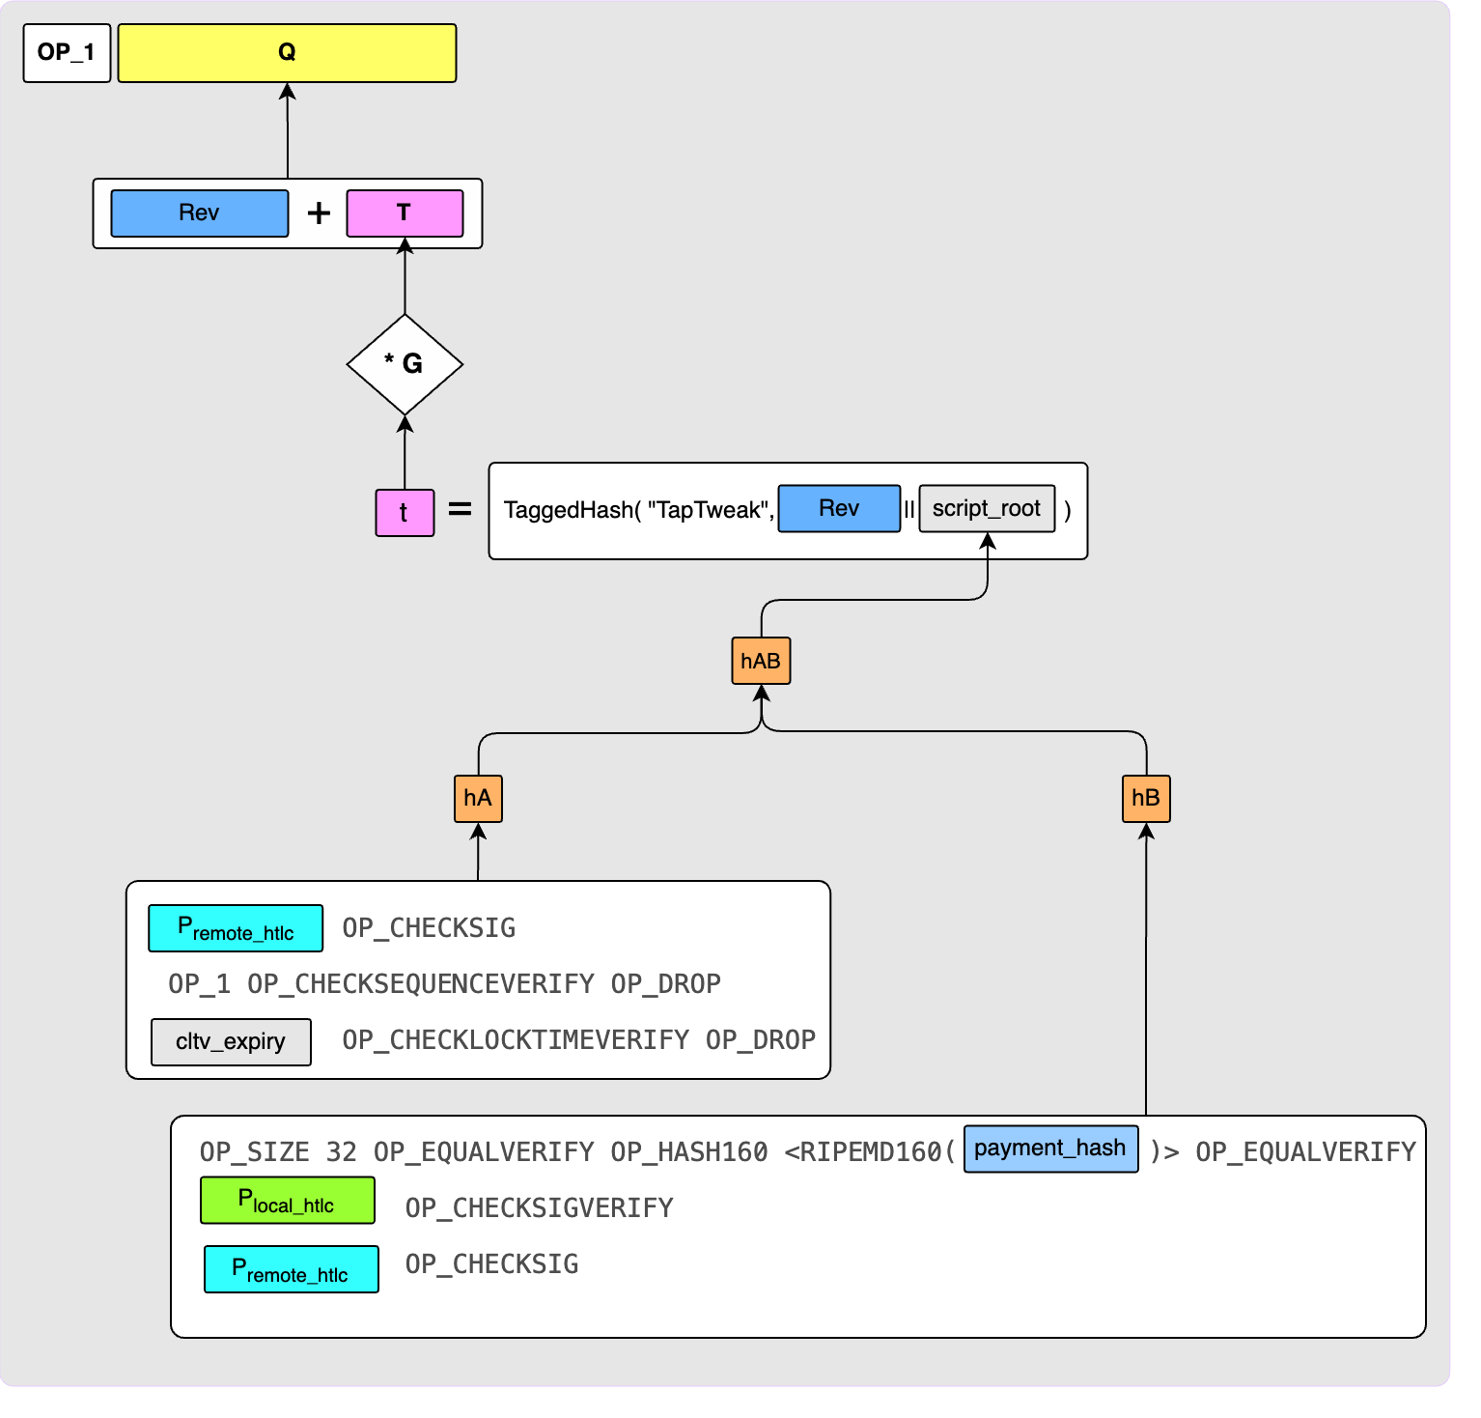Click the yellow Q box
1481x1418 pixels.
287,53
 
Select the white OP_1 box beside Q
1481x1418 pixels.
67,53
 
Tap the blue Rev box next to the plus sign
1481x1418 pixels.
199,213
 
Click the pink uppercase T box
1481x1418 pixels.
405,213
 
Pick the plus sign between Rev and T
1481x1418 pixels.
319,213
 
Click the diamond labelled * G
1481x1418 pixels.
405,364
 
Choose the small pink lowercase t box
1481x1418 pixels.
405,513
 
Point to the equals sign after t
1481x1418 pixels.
461,509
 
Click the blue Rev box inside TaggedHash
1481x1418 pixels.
839,509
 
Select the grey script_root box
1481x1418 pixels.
987,509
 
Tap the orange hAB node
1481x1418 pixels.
761,661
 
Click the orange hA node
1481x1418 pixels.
478,798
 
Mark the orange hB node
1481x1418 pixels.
1146,798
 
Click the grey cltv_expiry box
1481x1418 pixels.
231,1042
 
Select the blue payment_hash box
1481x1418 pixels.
1050,1149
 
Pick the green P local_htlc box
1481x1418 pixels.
287,1201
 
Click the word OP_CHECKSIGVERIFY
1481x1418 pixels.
539,1208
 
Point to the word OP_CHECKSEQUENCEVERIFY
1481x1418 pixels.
421,984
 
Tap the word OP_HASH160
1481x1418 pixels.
689,1152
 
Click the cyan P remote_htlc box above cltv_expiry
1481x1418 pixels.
236,928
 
